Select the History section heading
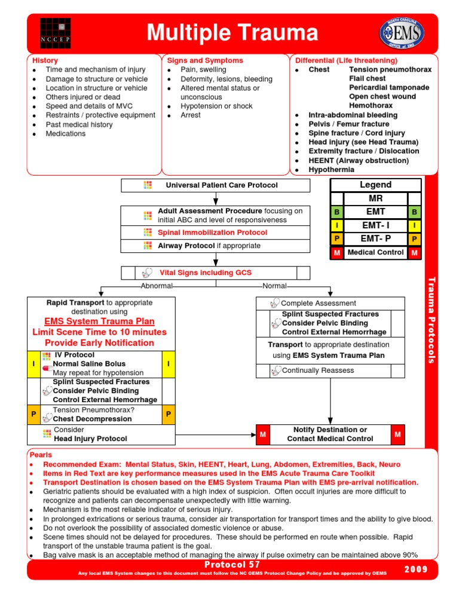coord(45,60)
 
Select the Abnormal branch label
coord(156,286)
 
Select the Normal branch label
coord(274,286)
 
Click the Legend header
coord(375,185)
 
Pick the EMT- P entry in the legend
coord(375,238)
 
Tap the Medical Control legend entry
coord(375,252)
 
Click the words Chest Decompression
coord(92,419)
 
